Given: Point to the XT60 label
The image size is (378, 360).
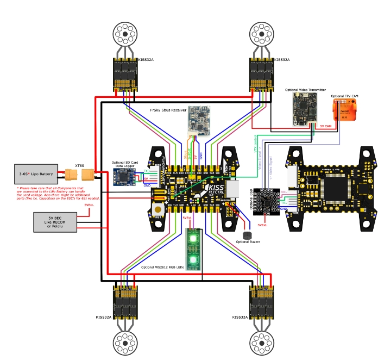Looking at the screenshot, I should pyautogui.click(x=80, y=165).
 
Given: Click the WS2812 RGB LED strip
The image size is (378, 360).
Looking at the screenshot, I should pyautogui.click(x=193, y=249).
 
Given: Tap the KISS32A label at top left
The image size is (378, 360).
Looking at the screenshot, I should pyautogui.click(x=146, y=60).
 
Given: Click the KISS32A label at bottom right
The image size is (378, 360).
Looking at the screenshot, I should pyautogui.click(x=240, y=317).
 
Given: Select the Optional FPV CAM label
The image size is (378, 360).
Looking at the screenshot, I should pyautogui.click(x=345, y=96).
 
